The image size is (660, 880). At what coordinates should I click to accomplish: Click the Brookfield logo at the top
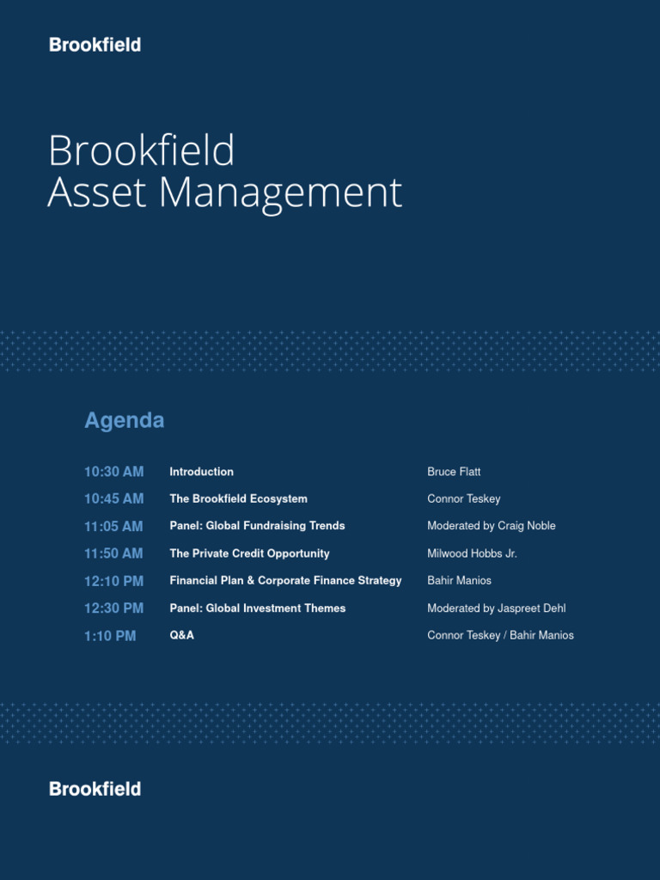pyautogui.click(x=95, y=45)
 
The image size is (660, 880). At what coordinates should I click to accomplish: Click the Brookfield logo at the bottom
pyautogui.click(x=95, y=789)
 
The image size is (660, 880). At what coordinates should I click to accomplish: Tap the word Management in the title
pyautogui.click(x=280, y=193)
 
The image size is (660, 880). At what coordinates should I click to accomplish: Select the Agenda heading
pyautogui.click(x=124, y=420)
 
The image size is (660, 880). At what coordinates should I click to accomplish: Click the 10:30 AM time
pyautogui.click(x=113, y=472)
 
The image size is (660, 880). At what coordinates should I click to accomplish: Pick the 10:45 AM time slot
pyautogui.click(x=113, y=498)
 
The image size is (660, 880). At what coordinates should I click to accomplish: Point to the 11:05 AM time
pyautogui.click(x=113, y=526)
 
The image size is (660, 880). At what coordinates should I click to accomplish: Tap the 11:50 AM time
pyautogui.click(x=113, y=553)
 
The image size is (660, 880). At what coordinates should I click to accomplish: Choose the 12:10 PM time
pyautogui.click(x=113, y=581)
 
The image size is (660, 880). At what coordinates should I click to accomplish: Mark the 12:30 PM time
pyautogui.click(x=113, y=608)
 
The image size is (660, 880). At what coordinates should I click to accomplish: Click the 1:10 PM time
pyautogui.click(x=110, y=636)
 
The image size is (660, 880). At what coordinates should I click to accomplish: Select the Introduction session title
pyautogui.click(x=201, y=472)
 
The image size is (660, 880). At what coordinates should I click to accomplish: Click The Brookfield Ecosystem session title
pyautogui.click(x=238, y=498)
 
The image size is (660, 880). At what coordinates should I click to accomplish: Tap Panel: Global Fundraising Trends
pyautogui.click(x=257, y=526)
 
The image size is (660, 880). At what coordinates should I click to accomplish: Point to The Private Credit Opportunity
pyautogui.click(x=249, y=553)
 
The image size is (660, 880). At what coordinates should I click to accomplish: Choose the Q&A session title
pyautogui.click(x=181, y=636)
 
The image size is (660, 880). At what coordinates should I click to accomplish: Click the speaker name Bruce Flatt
pyautogui.click(x=454, y=472)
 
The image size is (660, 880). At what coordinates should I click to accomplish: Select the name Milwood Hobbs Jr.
pyautogui.click(x=472, y=553)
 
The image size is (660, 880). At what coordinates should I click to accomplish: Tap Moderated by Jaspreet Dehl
pyautogui.click(x=496, y=608)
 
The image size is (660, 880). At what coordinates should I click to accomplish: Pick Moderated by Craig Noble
pyautogui.click(x=491, y=526)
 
